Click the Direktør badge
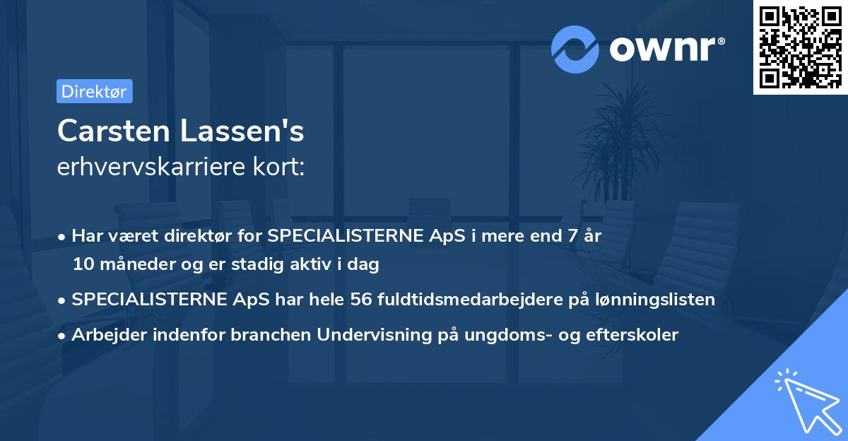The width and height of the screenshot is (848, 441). [94, 91]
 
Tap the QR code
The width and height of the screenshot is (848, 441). [800, 47]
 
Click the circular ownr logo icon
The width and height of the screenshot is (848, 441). [575, 49]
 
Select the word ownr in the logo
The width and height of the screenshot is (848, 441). [666, 49]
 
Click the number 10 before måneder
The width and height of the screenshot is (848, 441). [83, 265]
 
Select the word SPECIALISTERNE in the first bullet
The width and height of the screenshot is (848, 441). [332, 236]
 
